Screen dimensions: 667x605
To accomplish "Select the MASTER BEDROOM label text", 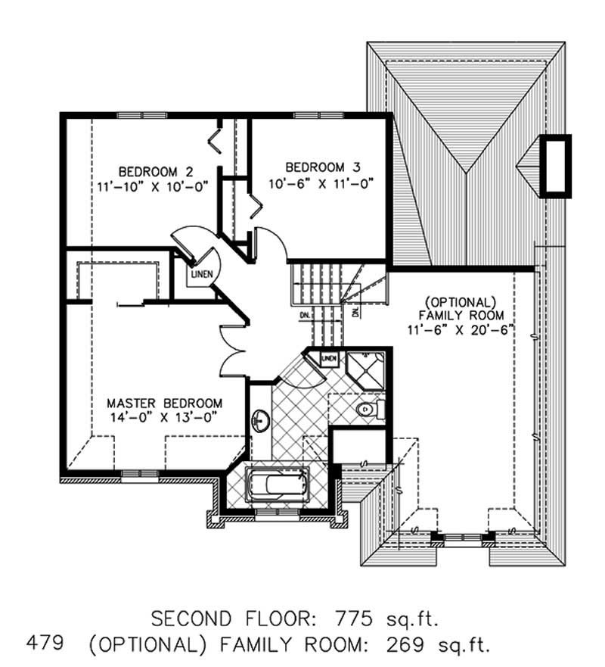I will (x=164, y=403).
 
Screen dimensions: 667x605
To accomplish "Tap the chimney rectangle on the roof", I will (x=558, y=165).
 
